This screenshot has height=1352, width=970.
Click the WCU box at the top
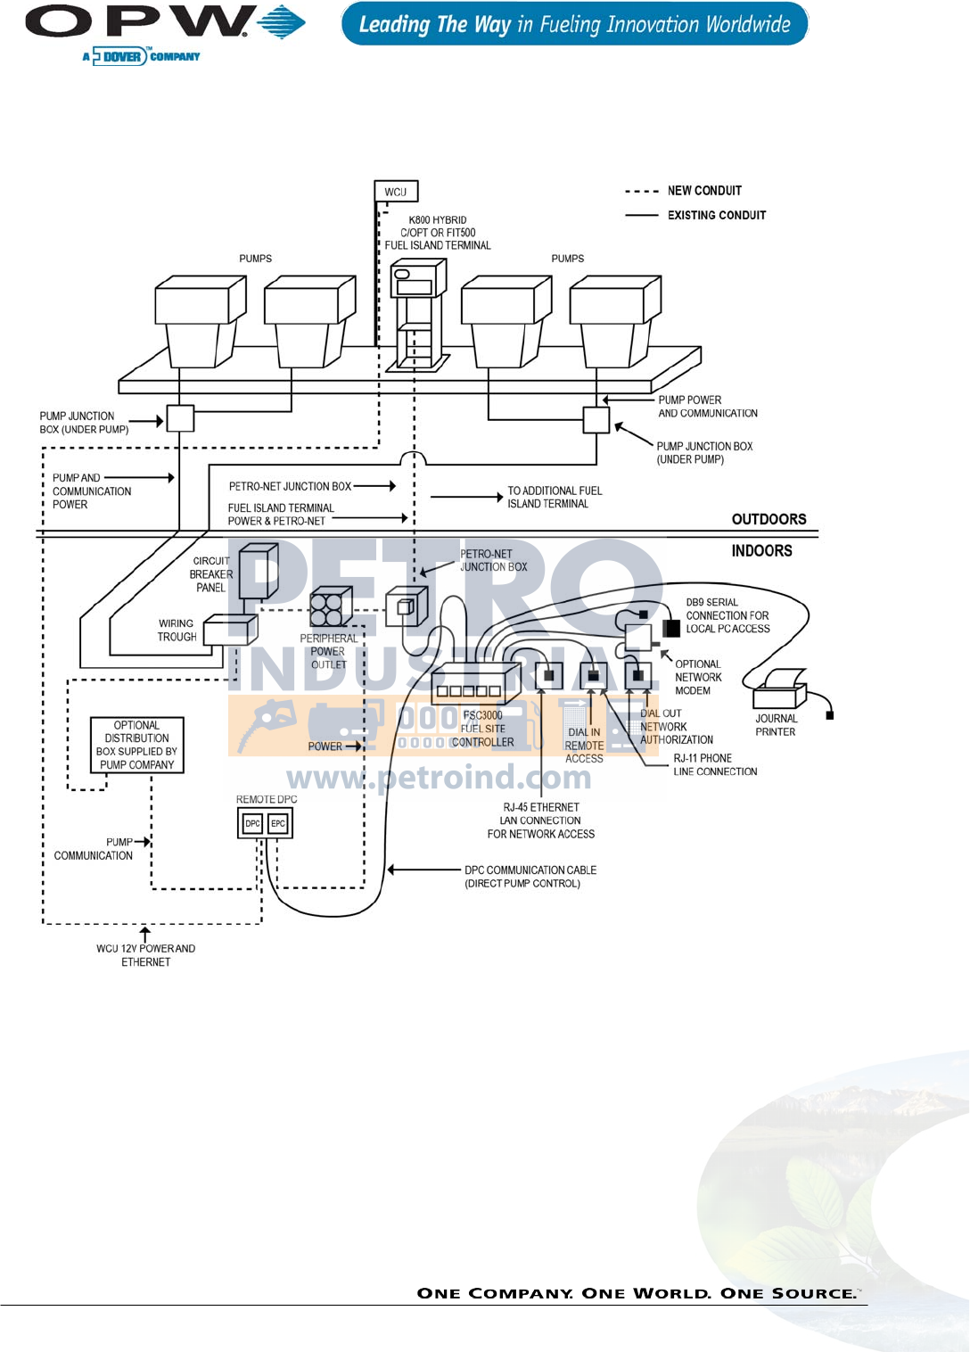(x=395, y=192)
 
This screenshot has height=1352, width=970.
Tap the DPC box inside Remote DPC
(x=252, y=823)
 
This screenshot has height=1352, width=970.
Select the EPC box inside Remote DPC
(x=278, y=823)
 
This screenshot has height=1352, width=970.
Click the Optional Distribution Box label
(x=137, y=745)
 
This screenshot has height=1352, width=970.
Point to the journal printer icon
(x=780, y=688)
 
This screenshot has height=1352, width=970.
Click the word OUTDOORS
(x=769, y=519)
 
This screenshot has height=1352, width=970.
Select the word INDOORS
(x=761, y=551)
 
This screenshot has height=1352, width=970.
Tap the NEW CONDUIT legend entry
(x=704, y=191)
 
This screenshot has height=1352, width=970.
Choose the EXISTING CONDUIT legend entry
(x=717, y=215)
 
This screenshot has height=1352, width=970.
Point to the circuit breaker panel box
(x=258, y=571)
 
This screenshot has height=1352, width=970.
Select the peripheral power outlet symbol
(x=326, y=610)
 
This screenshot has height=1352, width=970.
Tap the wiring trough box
(x=229, y=630)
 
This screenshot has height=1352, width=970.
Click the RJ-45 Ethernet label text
(x=541, y=820)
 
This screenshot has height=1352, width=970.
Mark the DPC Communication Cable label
(x=530, y=877)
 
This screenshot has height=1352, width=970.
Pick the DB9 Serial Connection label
(x=727, y=615)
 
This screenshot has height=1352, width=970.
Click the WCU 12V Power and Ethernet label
(x=146, y=955)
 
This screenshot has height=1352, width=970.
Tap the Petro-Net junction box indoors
(x=407, y=607)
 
